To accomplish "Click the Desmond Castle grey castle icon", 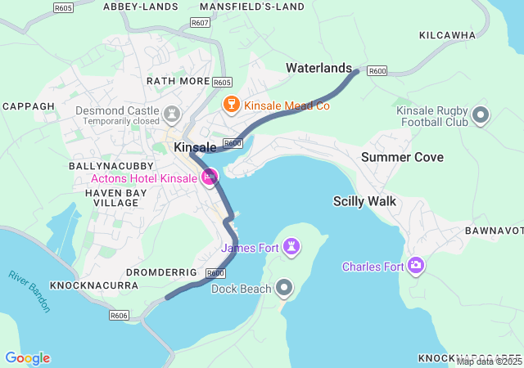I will click(x=172, y=112).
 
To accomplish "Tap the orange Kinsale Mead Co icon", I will click(x=232, y=105).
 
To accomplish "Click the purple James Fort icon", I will click(x=292, y=246).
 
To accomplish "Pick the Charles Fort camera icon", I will click(x=416, y=265).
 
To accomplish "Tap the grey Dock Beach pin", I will click(x=284, y=287).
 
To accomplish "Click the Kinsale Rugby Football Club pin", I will click(x=481, y=115).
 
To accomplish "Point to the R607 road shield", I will click(x=199, y=23).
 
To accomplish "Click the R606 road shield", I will click(x=119, y=315).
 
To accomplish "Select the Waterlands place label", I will click(x=318, y=68).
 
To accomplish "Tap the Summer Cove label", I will click(x=396, y=156).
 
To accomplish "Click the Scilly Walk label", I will click(x=364, y=200).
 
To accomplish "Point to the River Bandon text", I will click(x=29, y=290).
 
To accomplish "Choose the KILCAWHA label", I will click(x=447, y=35).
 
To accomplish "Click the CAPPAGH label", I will click(x=28, y=106).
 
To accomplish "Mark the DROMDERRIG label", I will click(x=161, y=272).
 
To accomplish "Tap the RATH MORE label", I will click(x=178, y=81).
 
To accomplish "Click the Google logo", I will click(x=27, y=358).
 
